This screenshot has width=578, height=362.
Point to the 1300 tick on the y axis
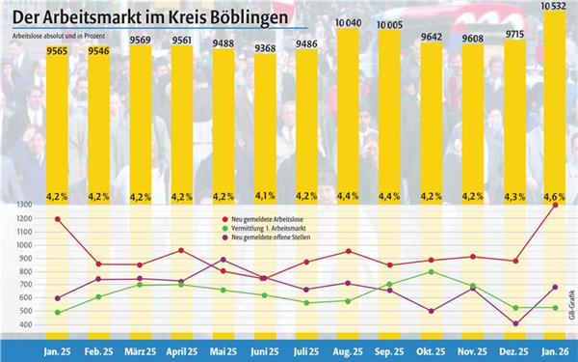pyautogui.click(x=21, y=206)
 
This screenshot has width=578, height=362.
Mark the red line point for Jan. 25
pyautogui.click(x=59, y=219)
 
